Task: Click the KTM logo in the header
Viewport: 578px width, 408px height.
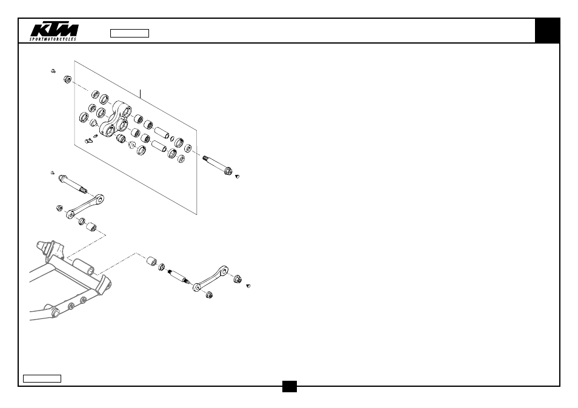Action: click(x=54, y=30)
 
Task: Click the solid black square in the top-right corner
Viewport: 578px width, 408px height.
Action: click(x=548, y=30)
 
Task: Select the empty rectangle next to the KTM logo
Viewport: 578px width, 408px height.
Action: click(x=130, y=33)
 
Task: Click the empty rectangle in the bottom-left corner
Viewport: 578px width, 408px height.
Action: click(x=42, y=378)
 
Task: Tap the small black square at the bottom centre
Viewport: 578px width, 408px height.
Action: click(x=290, y=386)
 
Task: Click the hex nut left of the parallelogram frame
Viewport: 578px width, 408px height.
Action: click(x=67, y=79)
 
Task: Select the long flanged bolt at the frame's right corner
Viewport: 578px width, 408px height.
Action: click(x=218, y=166)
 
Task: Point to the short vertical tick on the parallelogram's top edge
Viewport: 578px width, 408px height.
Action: click(x=140, y=94)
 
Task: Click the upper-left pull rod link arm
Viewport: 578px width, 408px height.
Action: click(x=85, y=206)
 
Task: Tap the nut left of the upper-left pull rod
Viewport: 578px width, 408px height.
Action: click(x=59, y=208)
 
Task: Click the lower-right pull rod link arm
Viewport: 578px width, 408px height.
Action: click(x=210, y=278)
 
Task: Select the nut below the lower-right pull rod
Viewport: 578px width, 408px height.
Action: click(x=209, y=294)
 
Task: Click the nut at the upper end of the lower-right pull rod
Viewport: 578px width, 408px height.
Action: click(x=238, y=278)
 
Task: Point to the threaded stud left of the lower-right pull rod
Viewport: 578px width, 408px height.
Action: click(x=179, y=277)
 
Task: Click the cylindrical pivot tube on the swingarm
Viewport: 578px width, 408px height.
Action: click(x=84, y=267)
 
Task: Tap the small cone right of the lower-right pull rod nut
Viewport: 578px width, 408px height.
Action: click(x=248, y=286)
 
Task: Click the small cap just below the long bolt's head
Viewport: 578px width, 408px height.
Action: click(x=238, y=176)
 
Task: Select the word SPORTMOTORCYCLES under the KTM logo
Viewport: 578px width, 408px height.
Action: click(x=53, y=39)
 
